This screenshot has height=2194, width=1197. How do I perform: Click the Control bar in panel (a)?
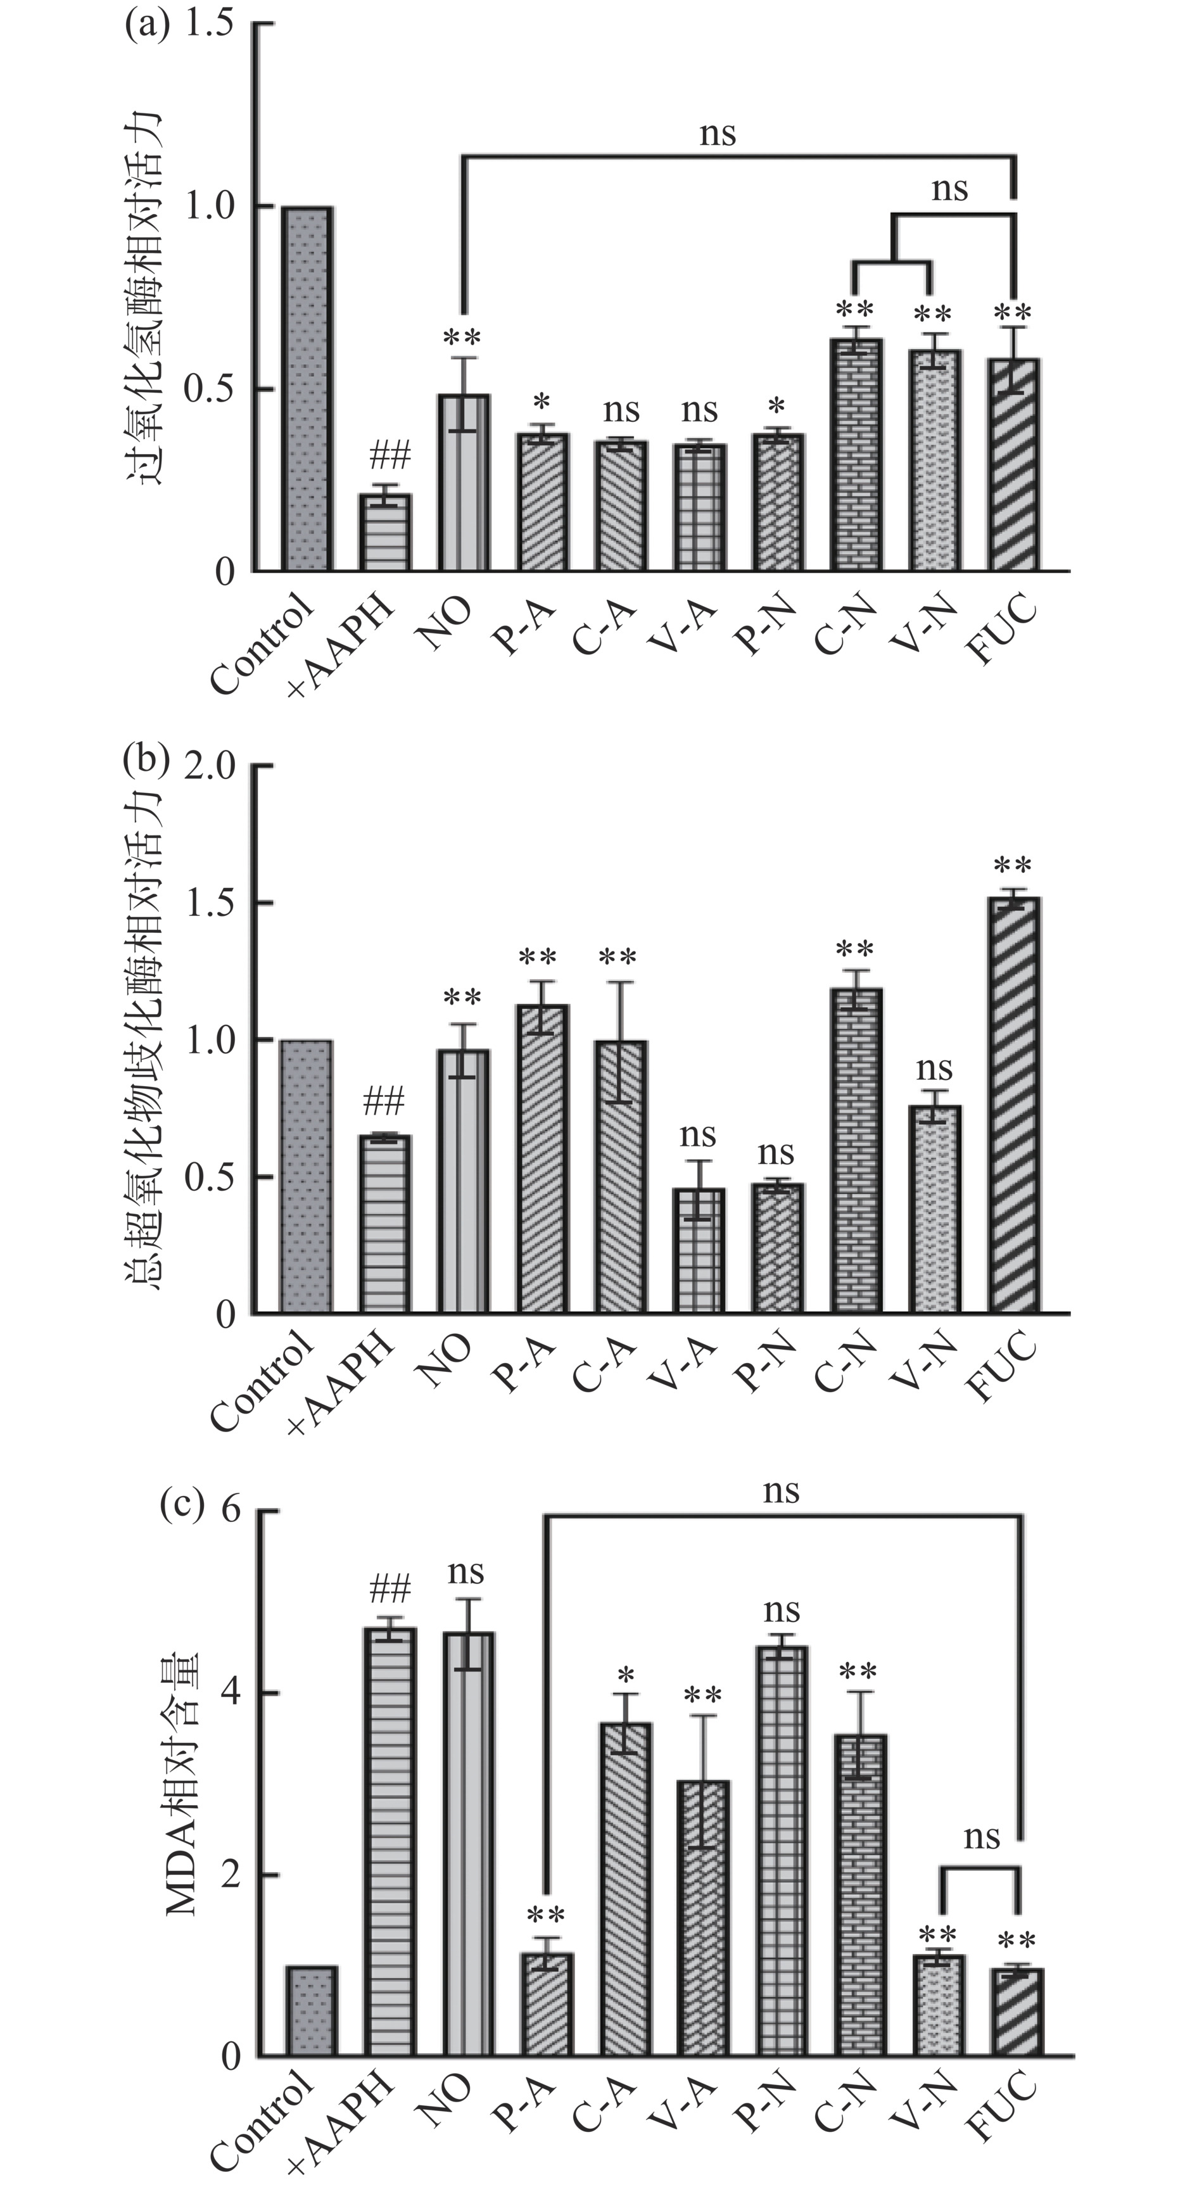pos(308,388)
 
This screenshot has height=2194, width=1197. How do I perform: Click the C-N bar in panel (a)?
pos(856,455)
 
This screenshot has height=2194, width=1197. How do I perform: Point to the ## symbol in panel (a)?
pos(389,455)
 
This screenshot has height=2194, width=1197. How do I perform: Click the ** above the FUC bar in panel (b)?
pos(1013,867)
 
